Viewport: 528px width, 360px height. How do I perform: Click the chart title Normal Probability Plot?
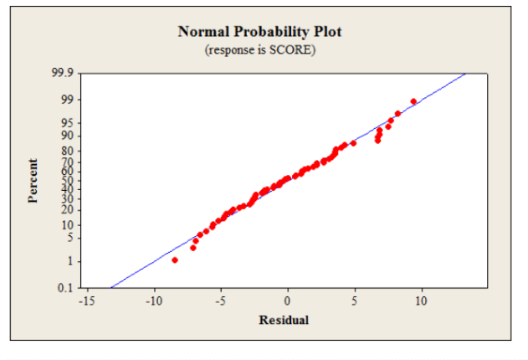(259, 32)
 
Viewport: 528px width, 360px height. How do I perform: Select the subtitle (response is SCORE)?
(259, 49)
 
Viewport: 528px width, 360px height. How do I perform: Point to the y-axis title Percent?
(33, 181)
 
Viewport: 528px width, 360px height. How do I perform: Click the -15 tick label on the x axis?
(85, 301)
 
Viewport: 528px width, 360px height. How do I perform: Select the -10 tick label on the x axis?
(152, 301)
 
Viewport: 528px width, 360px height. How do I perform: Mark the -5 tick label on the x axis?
(220, 301)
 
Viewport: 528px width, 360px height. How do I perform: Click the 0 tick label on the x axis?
(287, 301)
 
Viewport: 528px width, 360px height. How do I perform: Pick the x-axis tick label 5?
(354, 301)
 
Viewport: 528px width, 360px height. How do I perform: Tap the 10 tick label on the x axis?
(421, 301)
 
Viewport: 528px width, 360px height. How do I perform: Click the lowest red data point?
(175, 260)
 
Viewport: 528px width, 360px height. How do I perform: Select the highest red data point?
(413, 101)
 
